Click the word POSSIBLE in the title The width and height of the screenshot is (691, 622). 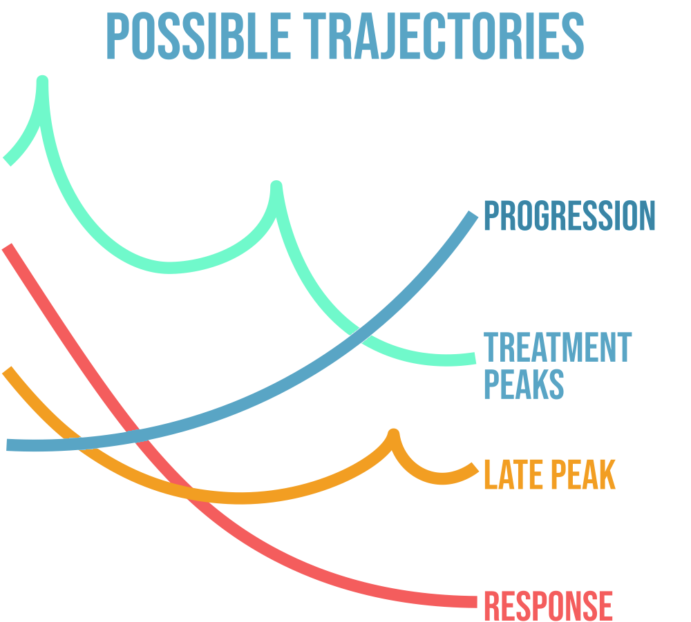[x=199, y=36]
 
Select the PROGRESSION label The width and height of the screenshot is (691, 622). [x=569, y=215]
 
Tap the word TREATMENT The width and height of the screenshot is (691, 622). [x=558, y=347]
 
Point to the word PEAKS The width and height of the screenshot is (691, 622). [x=524, y=384]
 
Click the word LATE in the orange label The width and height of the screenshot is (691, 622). [x=514, y=474]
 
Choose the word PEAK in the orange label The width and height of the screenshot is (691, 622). [x=583, y=474]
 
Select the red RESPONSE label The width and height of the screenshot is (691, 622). [x=548, y=606]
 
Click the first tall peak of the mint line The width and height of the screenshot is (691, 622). [x=42, y=80]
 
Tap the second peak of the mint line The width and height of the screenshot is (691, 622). [x=276, y=185]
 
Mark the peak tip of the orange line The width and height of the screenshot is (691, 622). [x=394, y=433]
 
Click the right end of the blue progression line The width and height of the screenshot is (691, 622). [x=473, y=215]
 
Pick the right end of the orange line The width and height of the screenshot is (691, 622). [x=475, y=467]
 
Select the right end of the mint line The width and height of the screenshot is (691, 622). [x=475, y=358]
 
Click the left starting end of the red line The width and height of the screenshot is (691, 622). [x=6, y=246]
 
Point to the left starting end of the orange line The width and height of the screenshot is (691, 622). [x=6, y=370]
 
